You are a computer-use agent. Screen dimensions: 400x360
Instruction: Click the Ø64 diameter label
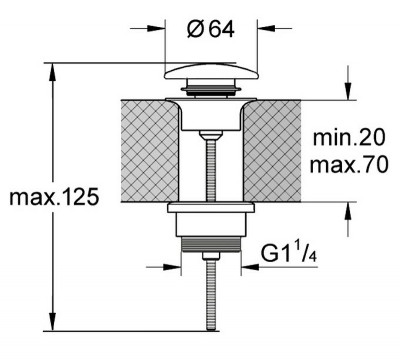click(x=211, y=30)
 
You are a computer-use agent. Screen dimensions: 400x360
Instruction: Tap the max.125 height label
click(x=54, y=197)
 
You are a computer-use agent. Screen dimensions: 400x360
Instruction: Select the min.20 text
click(x=349, y=137)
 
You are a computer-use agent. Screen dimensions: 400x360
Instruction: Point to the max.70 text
click(x=349, y=164)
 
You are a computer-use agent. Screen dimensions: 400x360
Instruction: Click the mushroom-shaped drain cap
click(x=211, y=72)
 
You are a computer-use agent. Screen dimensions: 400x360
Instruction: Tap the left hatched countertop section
click(x=150, y=151)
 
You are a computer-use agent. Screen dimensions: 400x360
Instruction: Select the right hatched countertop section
click(x=272, y=151)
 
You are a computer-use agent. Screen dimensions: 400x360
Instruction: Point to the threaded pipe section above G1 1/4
click(x=211, y=244)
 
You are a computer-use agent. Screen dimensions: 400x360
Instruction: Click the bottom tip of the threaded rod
click(x=211, y=329)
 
